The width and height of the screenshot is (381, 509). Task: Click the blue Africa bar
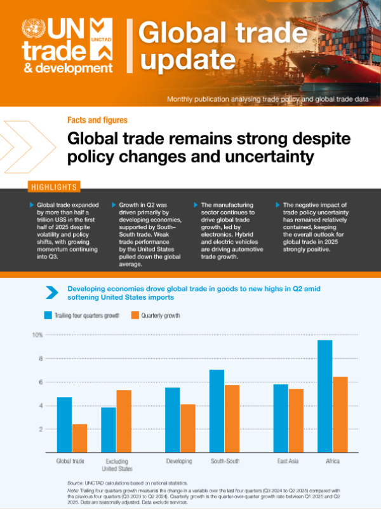click(x=325, y=396)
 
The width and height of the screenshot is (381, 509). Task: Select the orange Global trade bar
click(x=79, y=438)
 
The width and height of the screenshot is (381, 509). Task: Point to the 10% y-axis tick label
click(x=37, y=335)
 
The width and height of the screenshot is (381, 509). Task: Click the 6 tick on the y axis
click(x=39, y=382)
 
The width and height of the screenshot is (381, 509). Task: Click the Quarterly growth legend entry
click(x=156, y=315)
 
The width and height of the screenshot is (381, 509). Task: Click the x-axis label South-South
click(x=225, y=461)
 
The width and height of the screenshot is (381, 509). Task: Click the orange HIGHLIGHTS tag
click(x=54, y=187)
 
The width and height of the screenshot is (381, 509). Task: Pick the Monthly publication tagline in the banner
click(x=267, y=99)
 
